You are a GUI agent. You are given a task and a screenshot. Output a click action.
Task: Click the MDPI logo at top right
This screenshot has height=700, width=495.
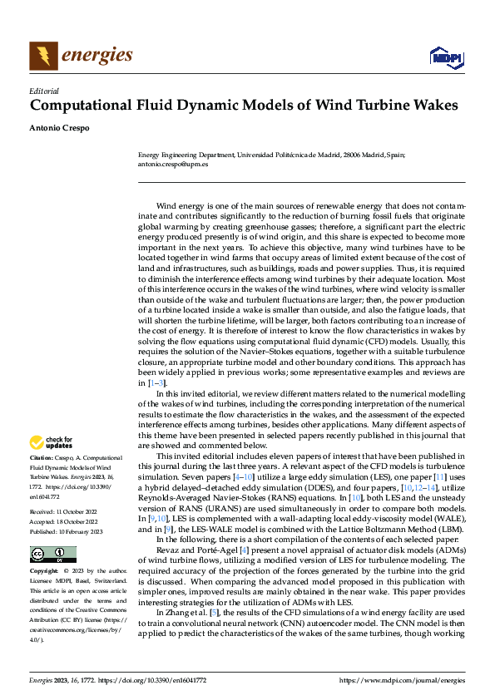point(445,57)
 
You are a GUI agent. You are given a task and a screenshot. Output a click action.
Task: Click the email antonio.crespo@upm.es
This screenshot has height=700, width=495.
point(172,164)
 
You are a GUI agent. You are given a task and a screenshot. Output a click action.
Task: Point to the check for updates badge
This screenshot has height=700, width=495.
point(51,443)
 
